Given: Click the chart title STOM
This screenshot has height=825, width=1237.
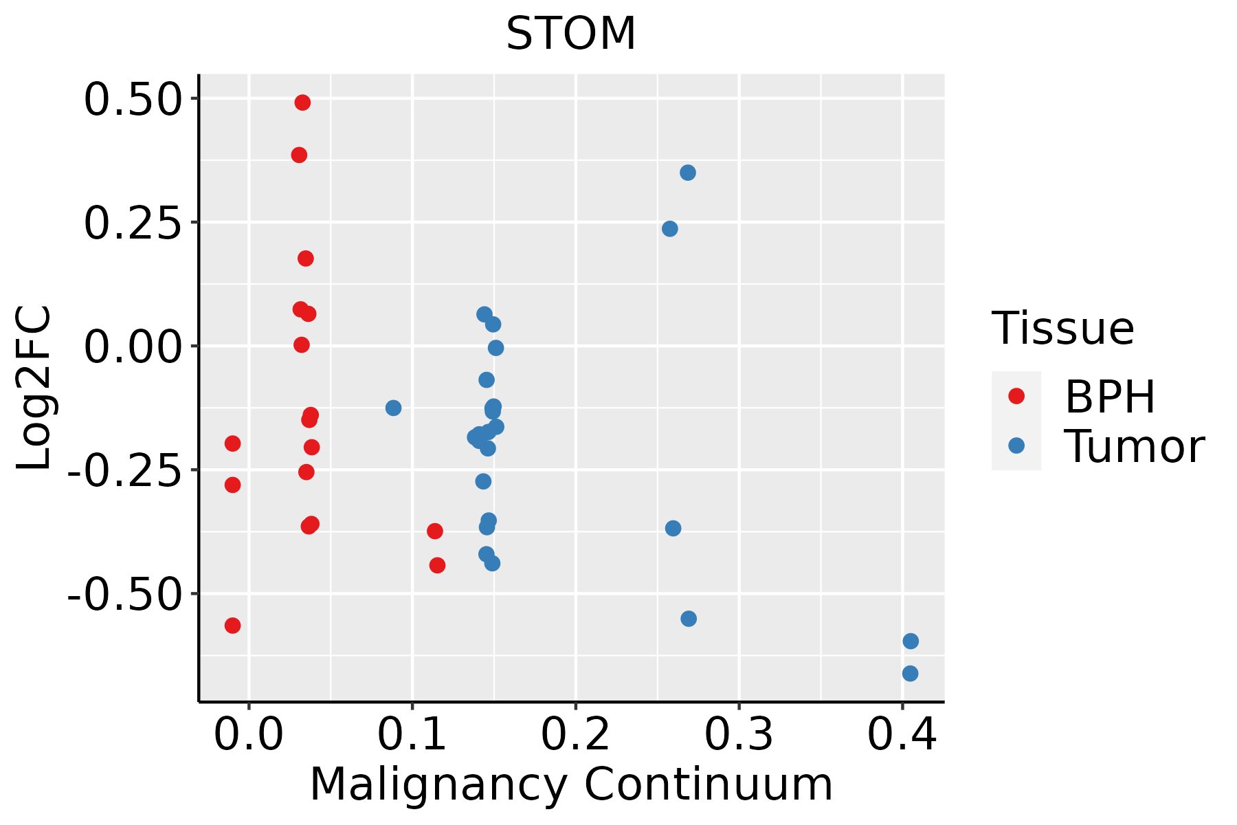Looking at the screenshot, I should [x=571, y=34].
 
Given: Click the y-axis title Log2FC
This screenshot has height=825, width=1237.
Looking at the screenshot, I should [x=34, y=388].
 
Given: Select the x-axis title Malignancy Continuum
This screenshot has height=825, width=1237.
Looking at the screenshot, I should [x=571, y=785].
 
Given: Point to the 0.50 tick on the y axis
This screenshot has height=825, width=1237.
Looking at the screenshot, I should [x=131, y=100].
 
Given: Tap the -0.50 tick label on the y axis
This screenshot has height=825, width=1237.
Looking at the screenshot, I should [x=124, y=594].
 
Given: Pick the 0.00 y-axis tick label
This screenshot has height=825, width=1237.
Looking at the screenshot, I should [x=131, y=346].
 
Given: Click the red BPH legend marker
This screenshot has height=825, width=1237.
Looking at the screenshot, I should [x=1016, y=396].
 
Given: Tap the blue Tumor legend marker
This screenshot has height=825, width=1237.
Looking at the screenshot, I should [x=1016, y=445].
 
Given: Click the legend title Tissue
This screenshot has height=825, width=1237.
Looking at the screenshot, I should [x=1063, y=329].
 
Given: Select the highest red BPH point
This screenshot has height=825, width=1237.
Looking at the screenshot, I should [x=302, y=102].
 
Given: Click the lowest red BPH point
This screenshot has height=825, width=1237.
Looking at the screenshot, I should [x=233, y=626].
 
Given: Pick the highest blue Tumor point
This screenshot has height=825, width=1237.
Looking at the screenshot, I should [x=688, y=173].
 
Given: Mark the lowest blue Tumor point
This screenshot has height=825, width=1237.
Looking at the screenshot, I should [x=910, y=674].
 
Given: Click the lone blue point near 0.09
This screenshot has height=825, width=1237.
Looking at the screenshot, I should [x=393, y=408].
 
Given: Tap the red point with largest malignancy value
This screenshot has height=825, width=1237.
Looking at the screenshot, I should [x=437, y=565].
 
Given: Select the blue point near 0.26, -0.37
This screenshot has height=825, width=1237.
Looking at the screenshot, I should [x=673, y=528].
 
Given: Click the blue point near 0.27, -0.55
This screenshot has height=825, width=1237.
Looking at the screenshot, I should [x=689, y=619].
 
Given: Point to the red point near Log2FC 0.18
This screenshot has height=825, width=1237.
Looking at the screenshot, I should [x=306, y=258].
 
